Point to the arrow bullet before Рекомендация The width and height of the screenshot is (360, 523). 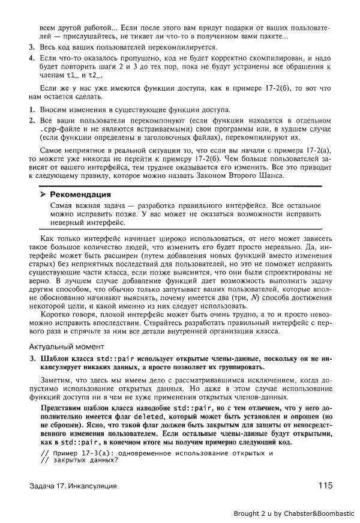pos(43,195)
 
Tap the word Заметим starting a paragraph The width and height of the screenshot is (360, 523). pos(56,380)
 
